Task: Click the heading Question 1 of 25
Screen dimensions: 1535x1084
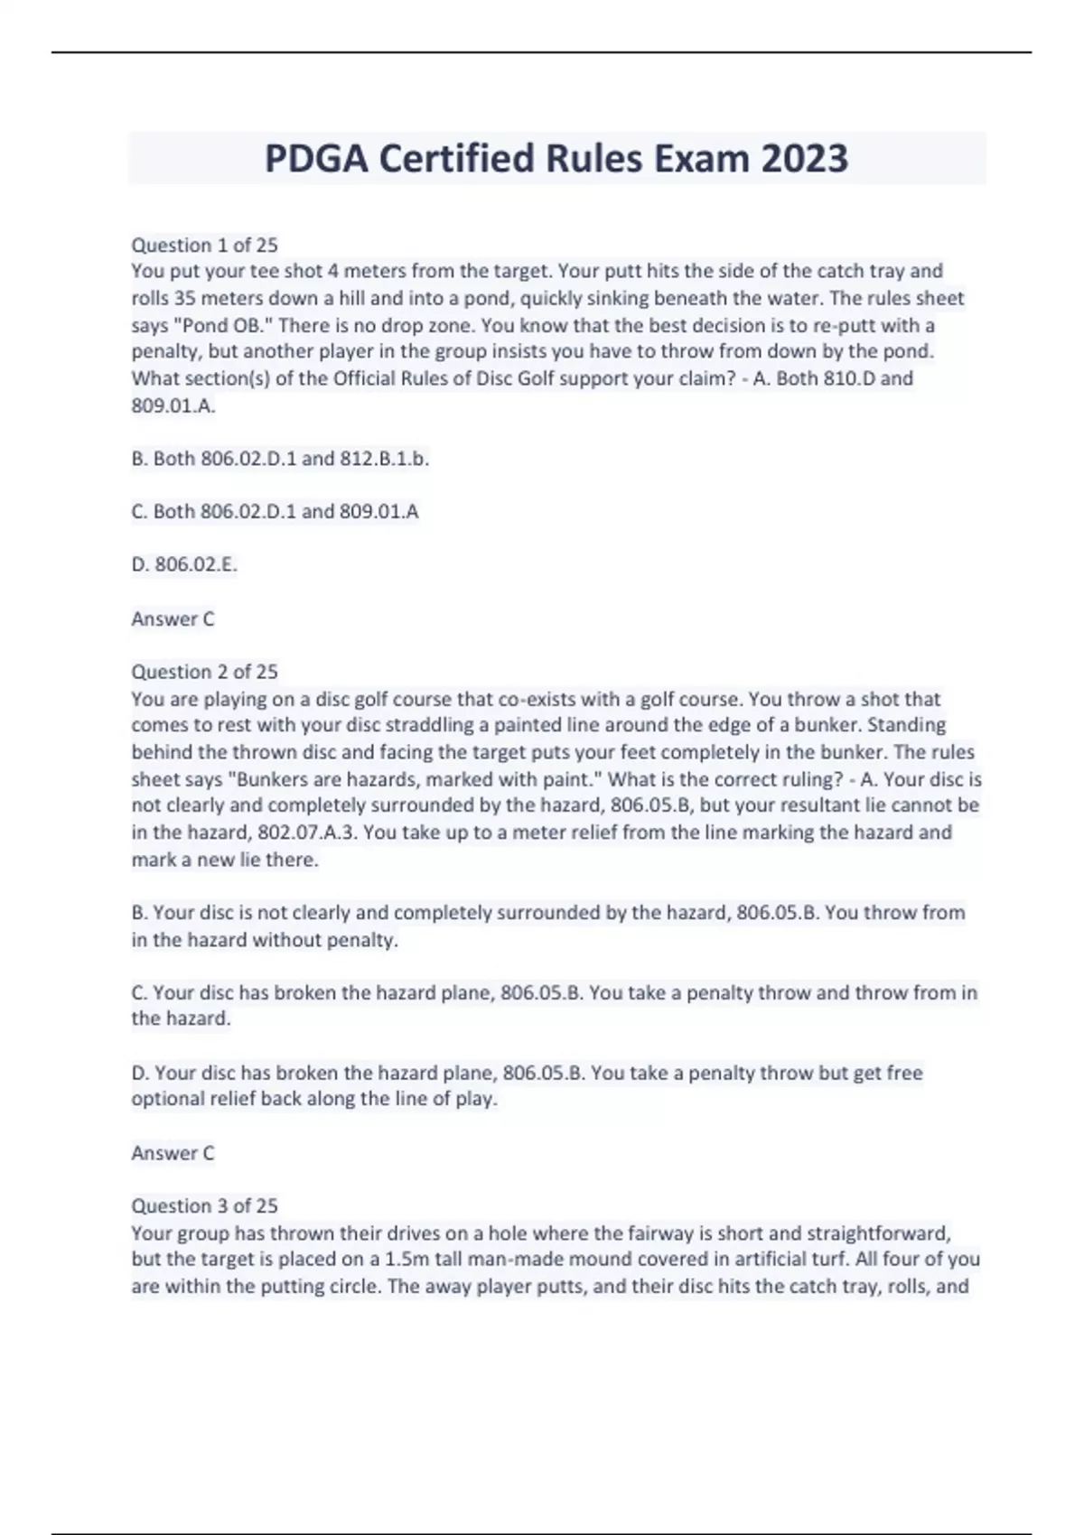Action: [x=204, y=245]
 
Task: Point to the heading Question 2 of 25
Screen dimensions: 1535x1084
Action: [x=204, y=672]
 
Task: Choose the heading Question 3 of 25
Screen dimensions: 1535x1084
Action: [x=204, y=1205]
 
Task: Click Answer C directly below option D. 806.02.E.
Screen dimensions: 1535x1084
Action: [x=173, y=619]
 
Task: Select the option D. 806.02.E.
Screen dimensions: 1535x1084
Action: [x=184, y=564]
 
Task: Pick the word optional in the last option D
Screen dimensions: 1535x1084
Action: [x=169, y=1099]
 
